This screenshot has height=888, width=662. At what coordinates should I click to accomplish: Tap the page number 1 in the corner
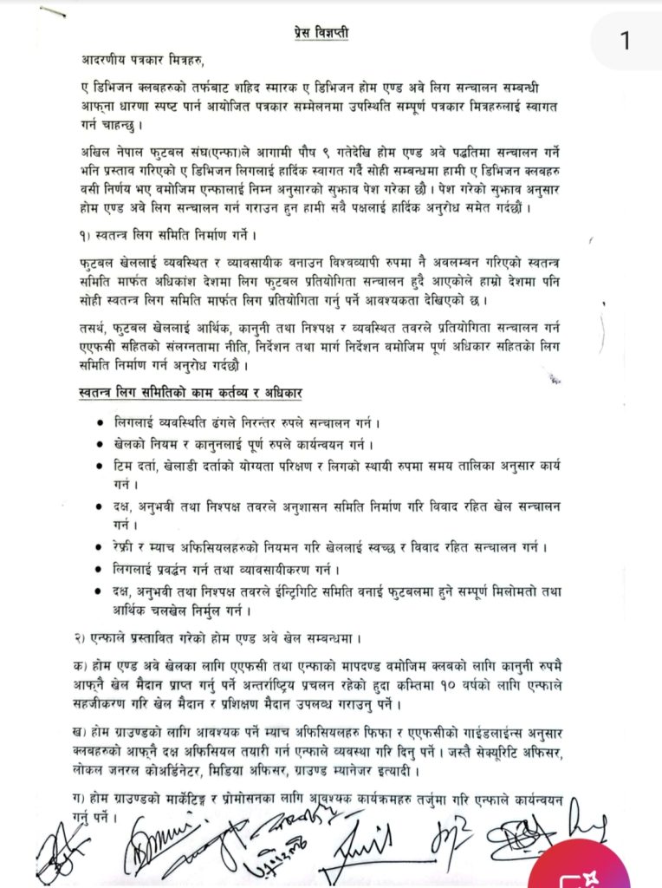point(626,41)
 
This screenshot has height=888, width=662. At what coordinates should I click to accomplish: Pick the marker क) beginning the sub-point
point(80,666)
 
